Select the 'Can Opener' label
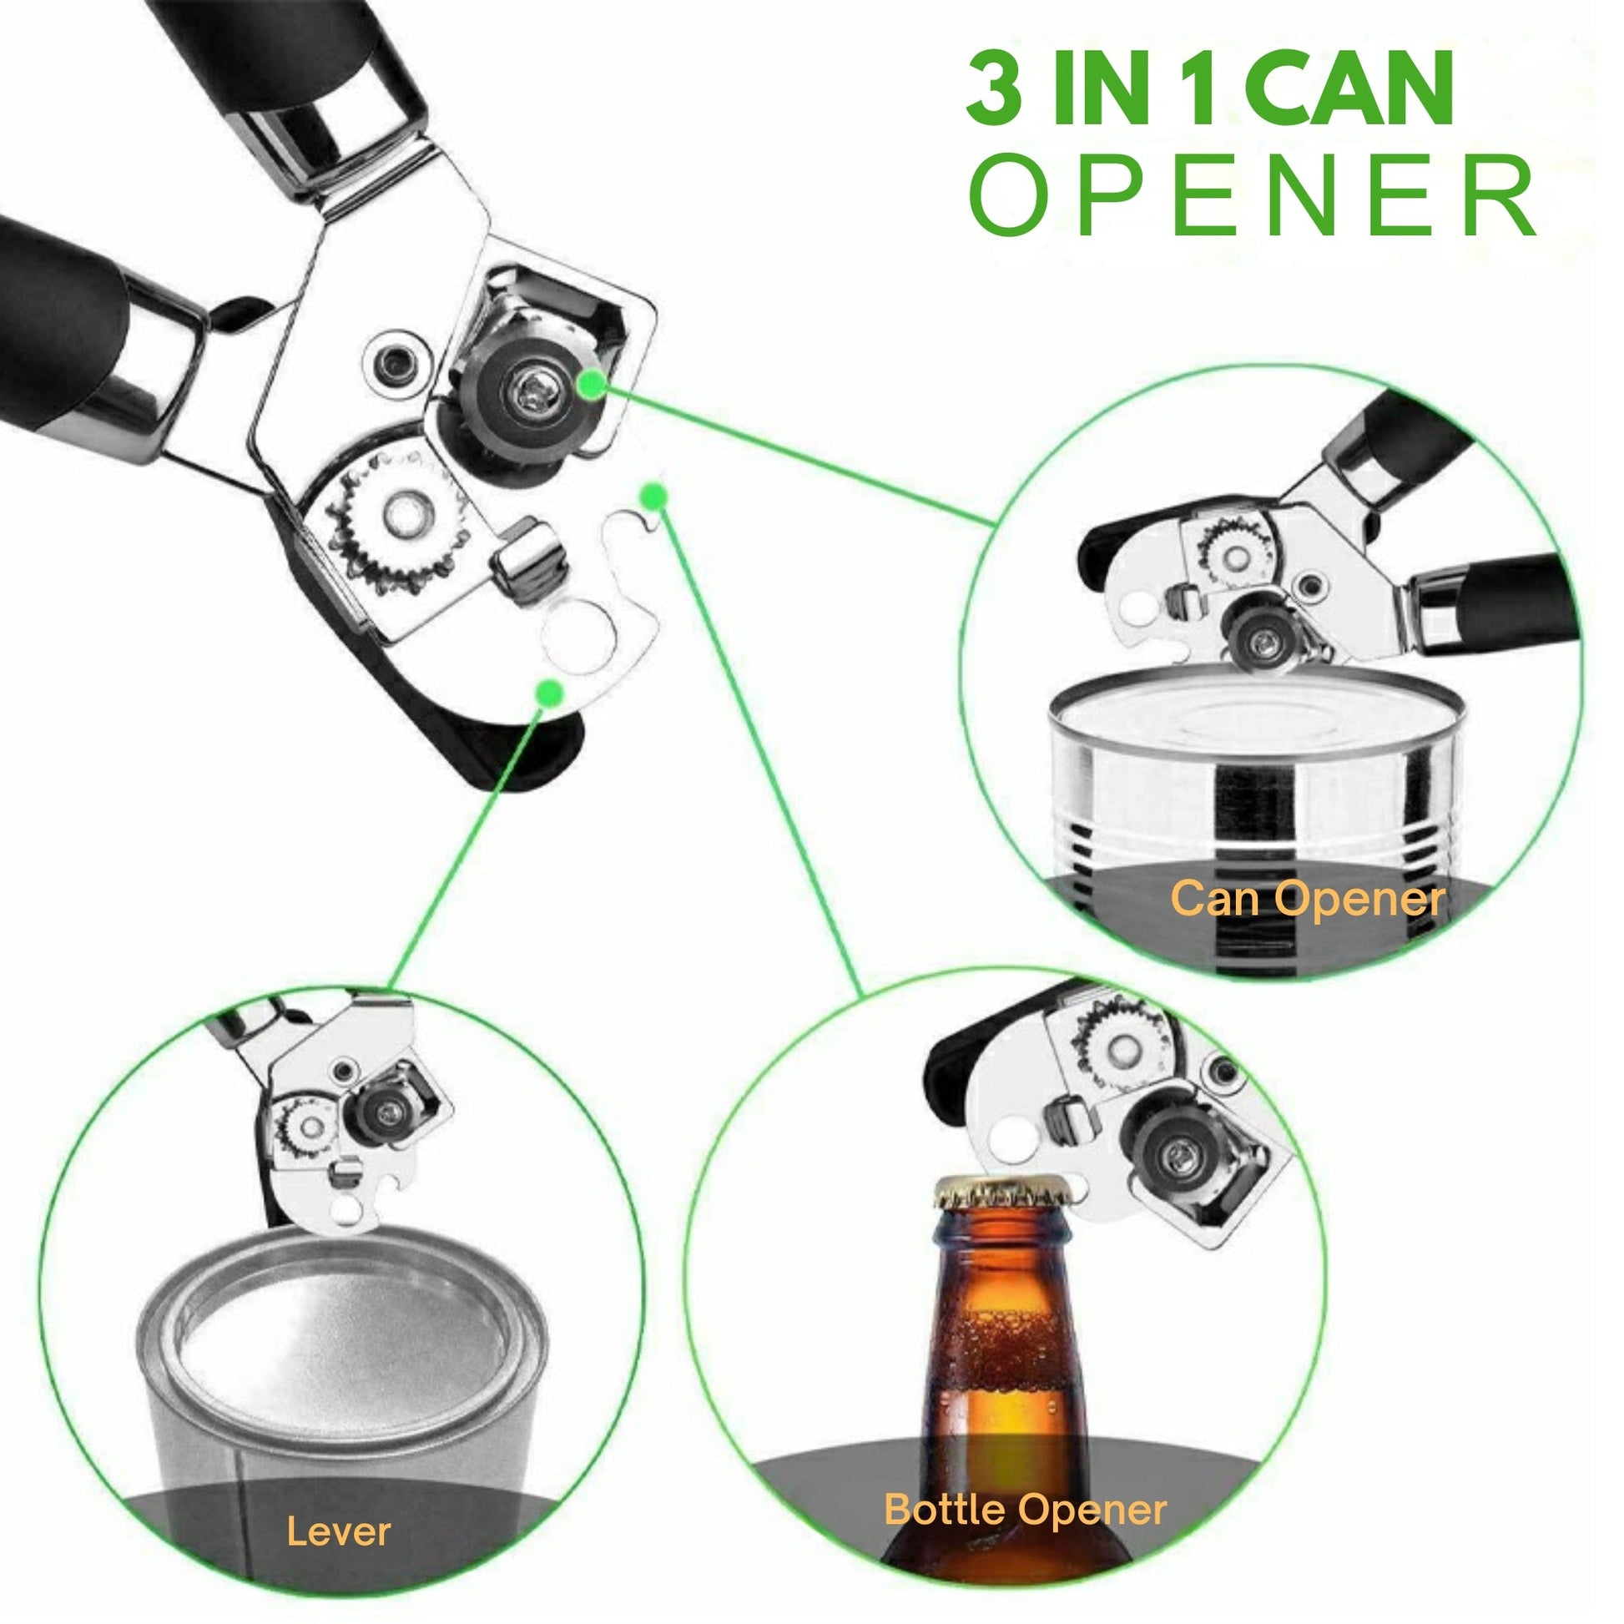point(1308,899)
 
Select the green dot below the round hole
point(550,693)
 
